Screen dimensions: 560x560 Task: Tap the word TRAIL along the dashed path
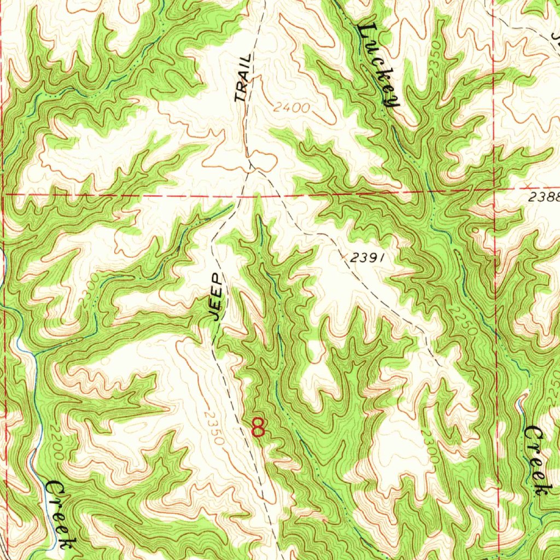(x=244, y=78)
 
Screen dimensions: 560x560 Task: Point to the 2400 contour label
(x=291, y=108)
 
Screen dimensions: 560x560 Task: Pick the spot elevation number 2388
(x=545, y=197)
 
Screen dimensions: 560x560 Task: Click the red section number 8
(x=258, y=427)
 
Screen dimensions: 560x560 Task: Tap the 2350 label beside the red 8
(x=214, y=428)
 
